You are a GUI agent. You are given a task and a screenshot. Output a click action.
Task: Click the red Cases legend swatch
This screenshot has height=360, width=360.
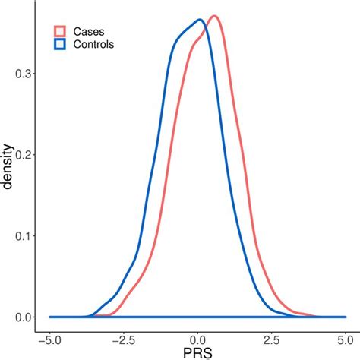[60, 31]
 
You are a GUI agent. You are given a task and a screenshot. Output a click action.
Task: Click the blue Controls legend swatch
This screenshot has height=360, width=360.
[60, 45]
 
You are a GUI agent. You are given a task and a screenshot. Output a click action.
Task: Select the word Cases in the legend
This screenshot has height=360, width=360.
[89, 31]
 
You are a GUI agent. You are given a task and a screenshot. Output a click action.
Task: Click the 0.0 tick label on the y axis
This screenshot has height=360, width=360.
[23, 317]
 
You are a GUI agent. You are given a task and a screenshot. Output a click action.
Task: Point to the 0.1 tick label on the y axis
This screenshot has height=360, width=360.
[23, 235]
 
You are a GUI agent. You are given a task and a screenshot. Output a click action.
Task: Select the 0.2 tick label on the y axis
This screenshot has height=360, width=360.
[23, 155]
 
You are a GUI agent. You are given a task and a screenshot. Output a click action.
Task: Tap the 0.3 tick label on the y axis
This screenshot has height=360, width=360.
[23, 74]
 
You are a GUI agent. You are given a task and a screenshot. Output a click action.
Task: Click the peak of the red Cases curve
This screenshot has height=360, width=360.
[215, 16]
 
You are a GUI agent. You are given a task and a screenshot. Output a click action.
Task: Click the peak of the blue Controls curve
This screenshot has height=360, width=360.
[199, 20]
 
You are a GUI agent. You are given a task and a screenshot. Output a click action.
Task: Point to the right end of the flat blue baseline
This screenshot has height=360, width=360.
[345, 317]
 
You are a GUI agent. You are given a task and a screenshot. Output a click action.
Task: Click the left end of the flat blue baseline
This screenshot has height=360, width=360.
[50, 317]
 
